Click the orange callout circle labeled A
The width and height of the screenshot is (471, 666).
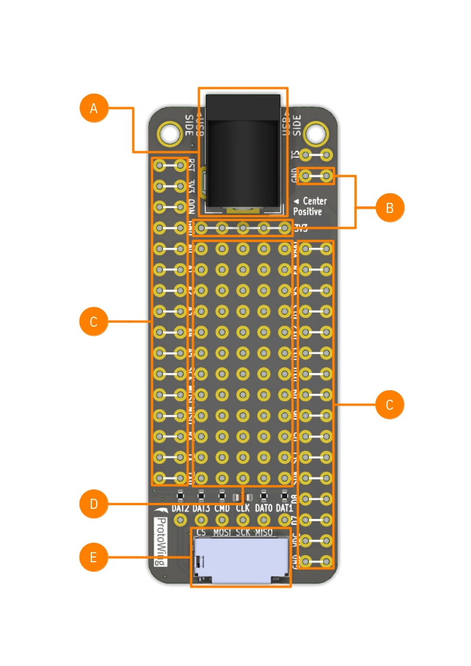pyautogui.click(x=94, y=109)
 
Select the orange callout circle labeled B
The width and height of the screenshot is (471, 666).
pyautogui.click(x=390, y=208)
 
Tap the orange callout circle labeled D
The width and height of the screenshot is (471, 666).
pyautogui.click(x=94, y=505)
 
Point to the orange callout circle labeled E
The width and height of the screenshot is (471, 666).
pyautogui.click(x=94, y=558)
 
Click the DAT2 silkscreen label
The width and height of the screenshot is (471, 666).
pyautogui.click(x=180, y=509)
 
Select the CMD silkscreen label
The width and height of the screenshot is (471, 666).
pyautogui.click(x=222, y=509)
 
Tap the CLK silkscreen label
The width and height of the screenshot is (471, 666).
pyautogui.click(x=242, y=509)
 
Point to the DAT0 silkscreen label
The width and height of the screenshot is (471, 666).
pyautogui.click(x=263, y=509)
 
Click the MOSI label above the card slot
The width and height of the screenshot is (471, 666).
pyautogui.click(x=222, y=533)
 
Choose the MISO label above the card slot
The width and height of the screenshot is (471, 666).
pyautogui.click(x=263, y=533)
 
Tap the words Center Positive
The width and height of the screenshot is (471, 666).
pyautogui.click(x=310, y=206)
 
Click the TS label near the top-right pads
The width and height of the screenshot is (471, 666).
pyautogui.click(x=295, y=155)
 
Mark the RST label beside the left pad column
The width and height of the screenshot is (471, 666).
pyautogui.click(x=191, y=164)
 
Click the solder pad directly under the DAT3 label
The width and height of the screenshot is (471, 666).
pyautogui.click(x=201, y=520)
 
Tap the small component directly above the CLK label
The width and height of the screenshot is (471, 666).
pyautogui.click(x=242, y=496)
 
